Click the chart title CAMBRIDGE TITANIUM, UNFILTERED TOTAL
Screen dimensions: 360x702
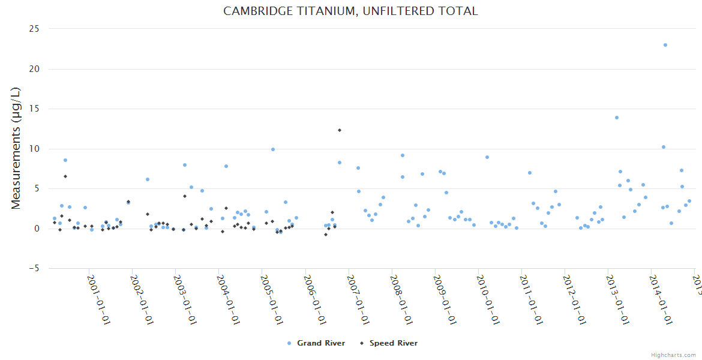[350, 11]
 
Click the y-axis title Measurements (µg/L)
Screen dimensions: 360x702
[16, 148]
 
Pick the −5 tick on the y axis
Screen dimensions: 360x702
[34, 268]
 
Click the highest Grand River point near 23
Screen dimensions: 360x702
[665, 45]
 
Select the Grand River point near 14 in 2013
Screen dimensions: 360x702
[616, 118]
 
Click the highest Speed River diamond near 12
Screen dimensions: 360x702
[339, 130]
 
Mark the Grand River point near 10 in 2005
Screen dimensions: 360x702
[273, 149]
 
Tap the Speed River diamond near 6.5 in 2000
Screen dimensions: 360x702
[65, 176]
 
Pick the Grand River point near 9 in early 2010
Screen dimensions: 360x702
[487, 157]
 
